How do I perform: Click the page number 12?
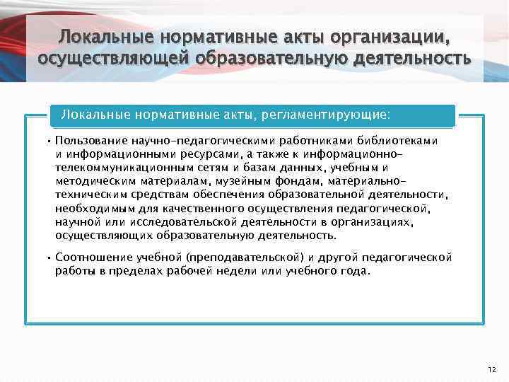(x=493, y=369)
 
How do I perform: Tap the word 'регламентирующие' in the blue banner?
(x=327, y=114)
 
